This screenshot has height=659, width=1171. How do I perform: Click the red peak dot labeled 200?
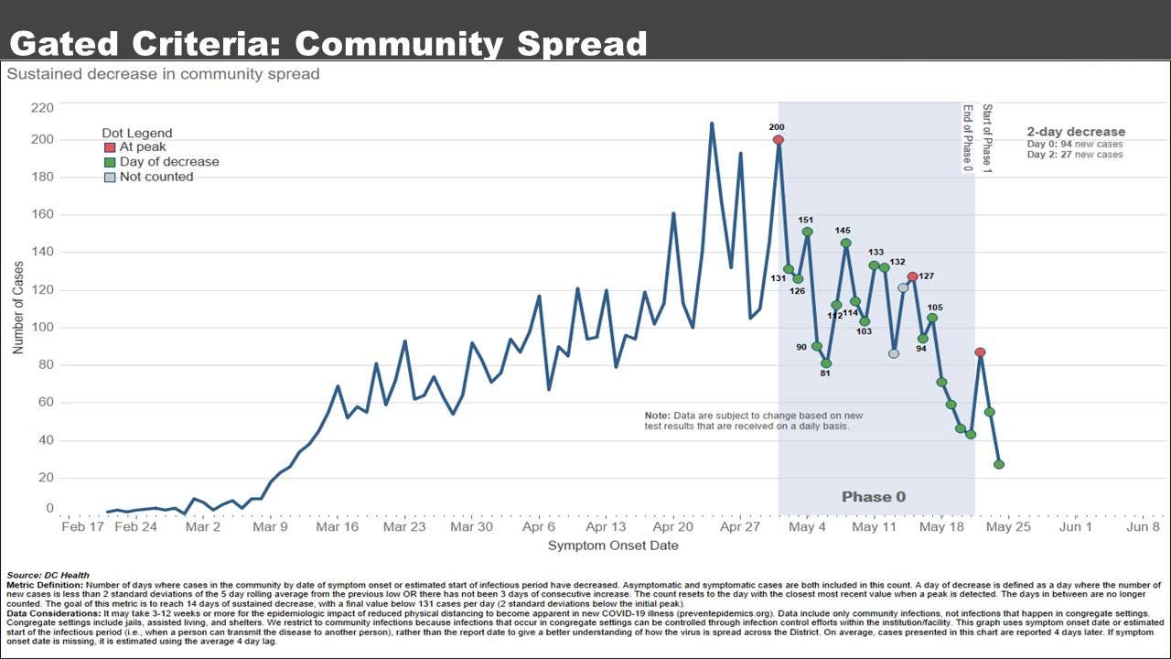point(778,140)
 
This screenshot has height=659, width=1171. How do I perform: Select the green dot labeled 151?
point(807,232)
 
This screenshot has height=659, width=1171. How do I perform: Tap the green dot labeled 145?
point(845,243)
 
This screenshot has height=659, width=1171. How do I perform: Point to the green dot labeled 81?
point(826,363)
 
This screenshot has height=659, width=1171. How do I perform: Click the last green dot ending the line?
point(999,465)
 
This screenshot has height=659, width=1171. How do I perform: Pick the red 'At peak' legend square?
point(110,147)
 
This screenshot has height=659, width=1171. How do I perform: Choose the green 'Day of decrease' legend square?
point(110,162)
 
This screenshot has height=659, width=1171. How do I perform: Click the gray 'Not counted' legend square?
point(110,177)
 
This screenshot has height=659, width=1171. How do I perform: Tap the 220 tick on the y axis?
point(42,107)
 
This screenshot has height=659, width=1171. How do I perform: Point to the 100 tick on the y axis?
point(42,327)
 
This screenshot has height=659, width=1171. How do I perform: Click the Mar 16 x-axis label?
point(338,527)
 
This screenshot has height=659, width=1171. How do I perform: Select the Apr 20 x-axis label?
point(673,527)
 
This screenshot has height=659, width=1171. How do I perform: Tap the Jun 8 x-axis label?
point(1143,527)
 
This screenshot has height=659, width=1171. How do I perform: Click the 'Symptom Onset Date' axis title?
point(613,546)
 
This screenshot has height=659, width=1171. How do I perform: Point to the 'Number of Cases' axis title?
point(18,308)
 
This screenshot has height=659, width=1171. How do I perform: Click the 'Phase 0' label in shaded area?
point(874,497)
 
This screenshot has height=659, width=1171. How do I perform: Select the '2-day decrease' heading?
point(1076,132)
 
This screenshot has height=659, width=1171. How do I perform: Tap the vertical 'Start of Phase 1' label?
point(987,138)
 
